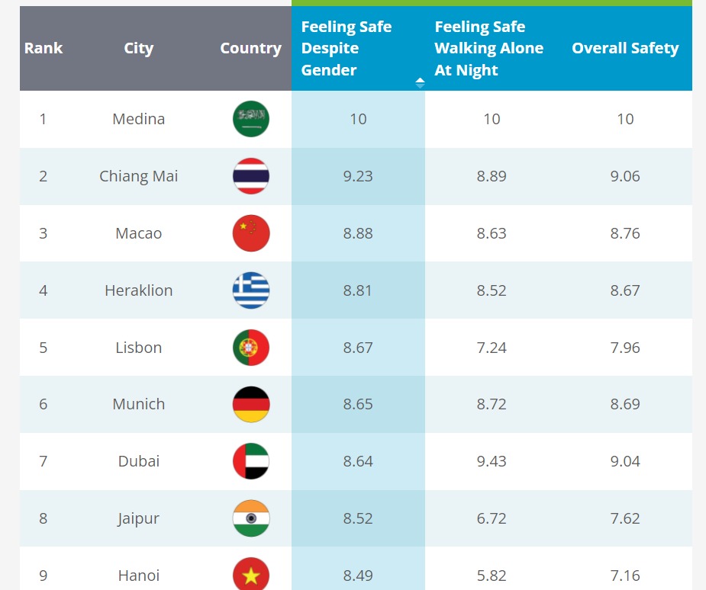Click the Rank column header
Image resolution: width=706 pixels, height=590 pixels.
click(x=44, y=48)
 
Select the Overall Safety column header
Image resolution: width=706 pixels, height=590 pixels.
click(x=625, y=48)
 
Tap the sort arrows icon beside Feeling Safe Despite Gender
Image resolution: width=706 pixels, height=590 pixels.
click(x=420, y=83)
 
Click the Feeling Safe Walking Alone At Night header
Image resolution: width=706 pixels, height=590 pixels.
click(x=489, y=49)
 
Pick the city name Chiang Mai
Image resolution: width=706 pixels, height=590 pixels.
click(x=139, y=176)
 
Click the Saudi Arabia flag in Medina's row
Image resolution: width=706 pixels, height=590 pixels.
click(x=251, y=119)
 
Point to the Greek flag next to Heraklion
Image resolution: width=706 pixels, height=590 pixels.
click(x=251, y=290)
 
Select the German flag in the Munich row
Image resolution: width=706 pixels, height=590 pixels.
click(x=251, y=404)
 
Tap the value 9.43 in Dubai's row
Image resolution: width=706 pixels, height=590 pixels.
click(x=492, y=461)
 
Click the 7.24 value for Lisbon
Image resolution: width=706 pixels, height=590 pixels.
click(x=492, y=348)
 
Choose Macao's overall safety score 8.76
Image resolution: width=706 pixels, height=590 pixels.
click(x=625, y=233)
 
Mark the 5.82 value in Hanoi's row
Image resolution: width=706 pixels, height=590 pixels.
click(x=492, y=576)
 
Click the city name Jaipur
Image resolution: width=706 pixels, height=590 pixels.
click(x=139, y=518)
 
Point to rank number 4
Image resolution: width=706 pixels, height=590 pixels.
click(x=43, y=290)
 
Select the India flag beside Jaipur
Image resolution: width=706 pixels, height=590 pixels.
click(x=251, y=518)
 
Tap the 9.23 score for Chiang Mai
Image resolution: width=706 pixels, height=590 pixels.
click(x=358, y=176)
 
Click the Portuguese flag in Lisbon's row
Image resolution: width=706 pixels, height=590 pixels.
click(x=251, y=348)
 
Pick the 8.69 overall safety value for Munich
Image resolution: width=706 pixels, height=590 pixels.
click(x=625, y=404)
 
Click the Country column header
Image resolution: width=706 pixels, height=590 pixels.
click(x=251, y=48)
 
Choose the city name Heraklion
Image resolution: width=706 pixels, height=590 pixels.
click(x=139, y=290)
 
